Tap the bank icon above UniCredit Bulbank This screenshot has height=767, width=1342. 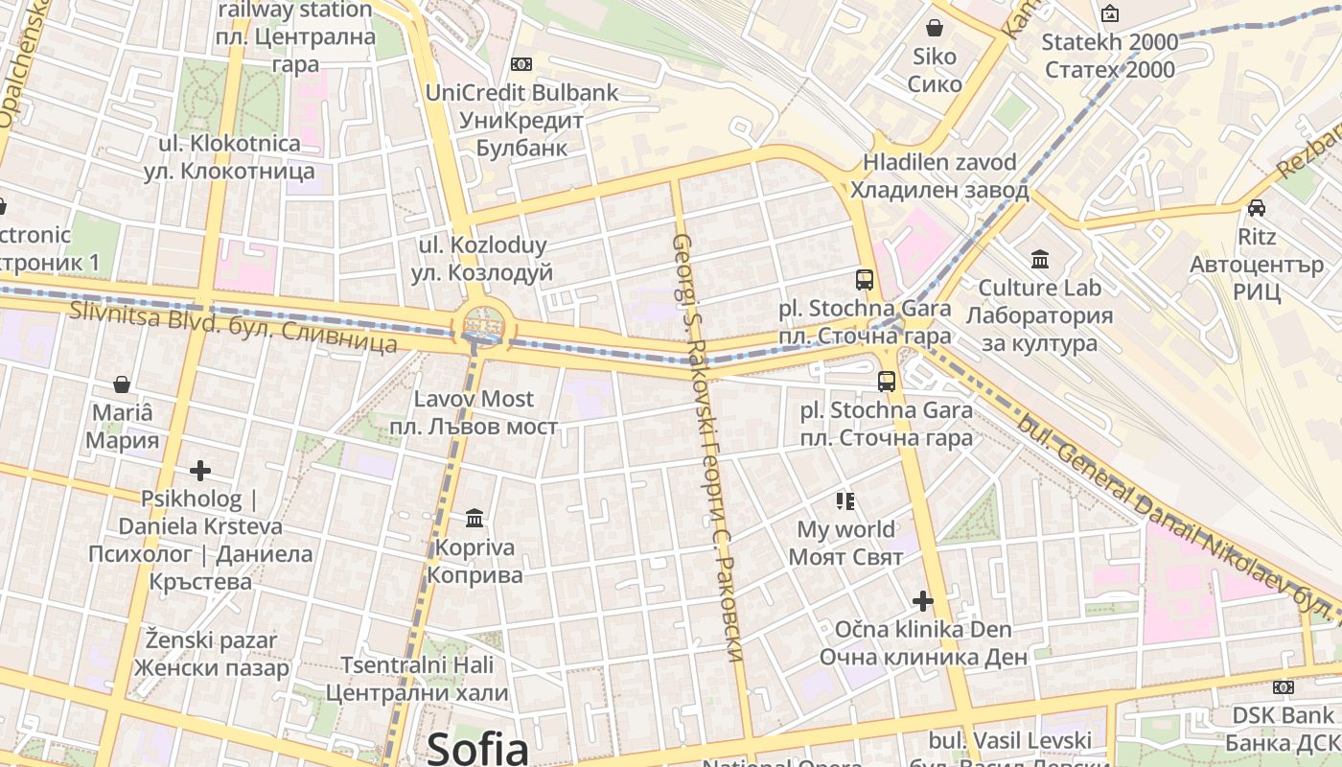[521, 64]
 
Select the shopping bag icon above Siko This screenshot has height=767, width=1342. [935, 28]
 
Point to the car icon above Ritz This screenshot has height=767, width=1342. [1256, 207]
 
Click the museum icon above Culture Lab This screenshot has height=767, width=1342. [1040, 259]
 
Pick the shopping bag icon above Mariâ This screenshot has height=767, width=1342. [122, 384]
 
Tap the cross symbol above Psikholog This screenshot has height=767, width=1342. [199, 471]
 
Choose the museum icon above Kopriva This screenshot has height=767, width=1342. [474, 519]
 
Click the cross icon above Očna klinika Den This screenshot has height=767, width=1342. [923, 601]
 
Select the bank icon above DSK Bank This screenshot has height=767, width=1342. [1283, 686]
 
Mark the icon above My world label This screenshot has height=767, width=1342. [845, 500]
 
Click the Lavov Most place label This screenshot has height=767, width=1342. [474, 412]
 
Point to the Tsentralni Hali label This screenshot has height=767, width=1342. [417, 678]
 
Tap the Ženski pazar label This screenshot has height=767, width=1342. [211, 654]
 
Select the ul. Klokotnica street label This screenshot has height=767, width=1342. [230, 157]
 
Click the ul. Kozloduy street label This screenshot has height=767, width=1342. [482, 259]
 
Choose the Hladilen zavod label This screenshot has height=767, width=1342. [945, 175]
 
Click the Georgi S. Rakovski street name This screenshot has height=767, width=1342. [707, 447]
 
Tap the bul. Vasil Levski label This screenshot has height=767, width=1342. [1010, 741]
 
